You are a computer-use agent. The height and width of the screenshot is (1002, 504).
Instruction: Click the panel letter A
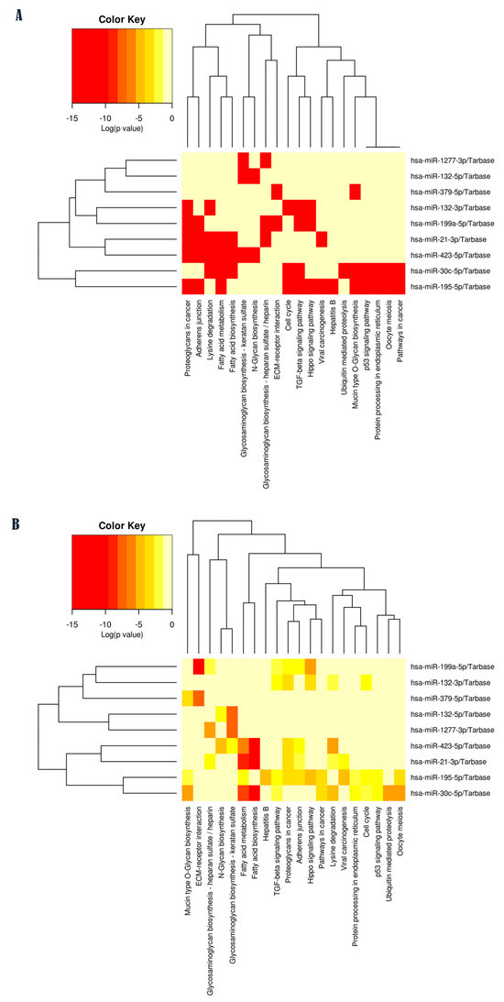pyautogui.click(x=19, y=16)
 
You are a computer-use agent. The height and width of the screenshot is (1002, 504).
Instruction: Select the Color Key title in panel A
pyautogui.click(x=121, y=20)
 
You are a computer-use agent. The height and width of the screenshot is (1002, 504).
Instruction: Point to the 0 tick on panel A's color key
pyautogui.click(x=172, y=118)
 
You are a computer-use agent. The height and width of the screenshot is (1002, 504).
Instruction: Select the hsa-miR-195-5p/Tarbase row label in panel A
pyautogui.click(x=451, y=287)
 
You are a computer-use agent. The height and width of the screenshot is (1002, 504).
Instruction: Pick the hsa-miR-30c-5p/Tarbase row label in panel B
pyautogui.click(x=451, y=793)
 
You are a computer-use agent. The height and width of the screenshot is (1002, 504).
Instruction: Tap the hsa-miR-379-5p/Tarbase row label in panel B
pyautogui.click(x=451, y=699)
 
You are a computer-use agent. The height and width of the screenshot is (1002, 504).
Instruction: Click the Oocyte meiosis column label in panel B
pyautogui.click(x=400, y=830)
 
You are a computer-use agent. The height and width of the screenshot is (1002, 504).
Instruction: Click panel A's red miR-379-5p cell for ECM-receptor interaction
pyautogui.click(x=277, y=191)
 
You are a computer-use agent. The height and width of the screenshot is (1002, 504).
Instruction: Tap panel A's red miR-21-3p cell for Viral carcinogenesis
pyautogui.click(x=322, y=239)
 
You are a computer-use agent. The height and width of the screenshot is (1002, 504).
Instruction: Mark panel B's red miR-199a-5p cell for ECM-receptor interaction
pyautogui.click(x=199, y=666)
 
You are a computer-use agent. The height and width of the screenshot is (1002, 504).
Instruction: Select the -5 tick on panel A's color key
pyautogui.click(x=138, y=118)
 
